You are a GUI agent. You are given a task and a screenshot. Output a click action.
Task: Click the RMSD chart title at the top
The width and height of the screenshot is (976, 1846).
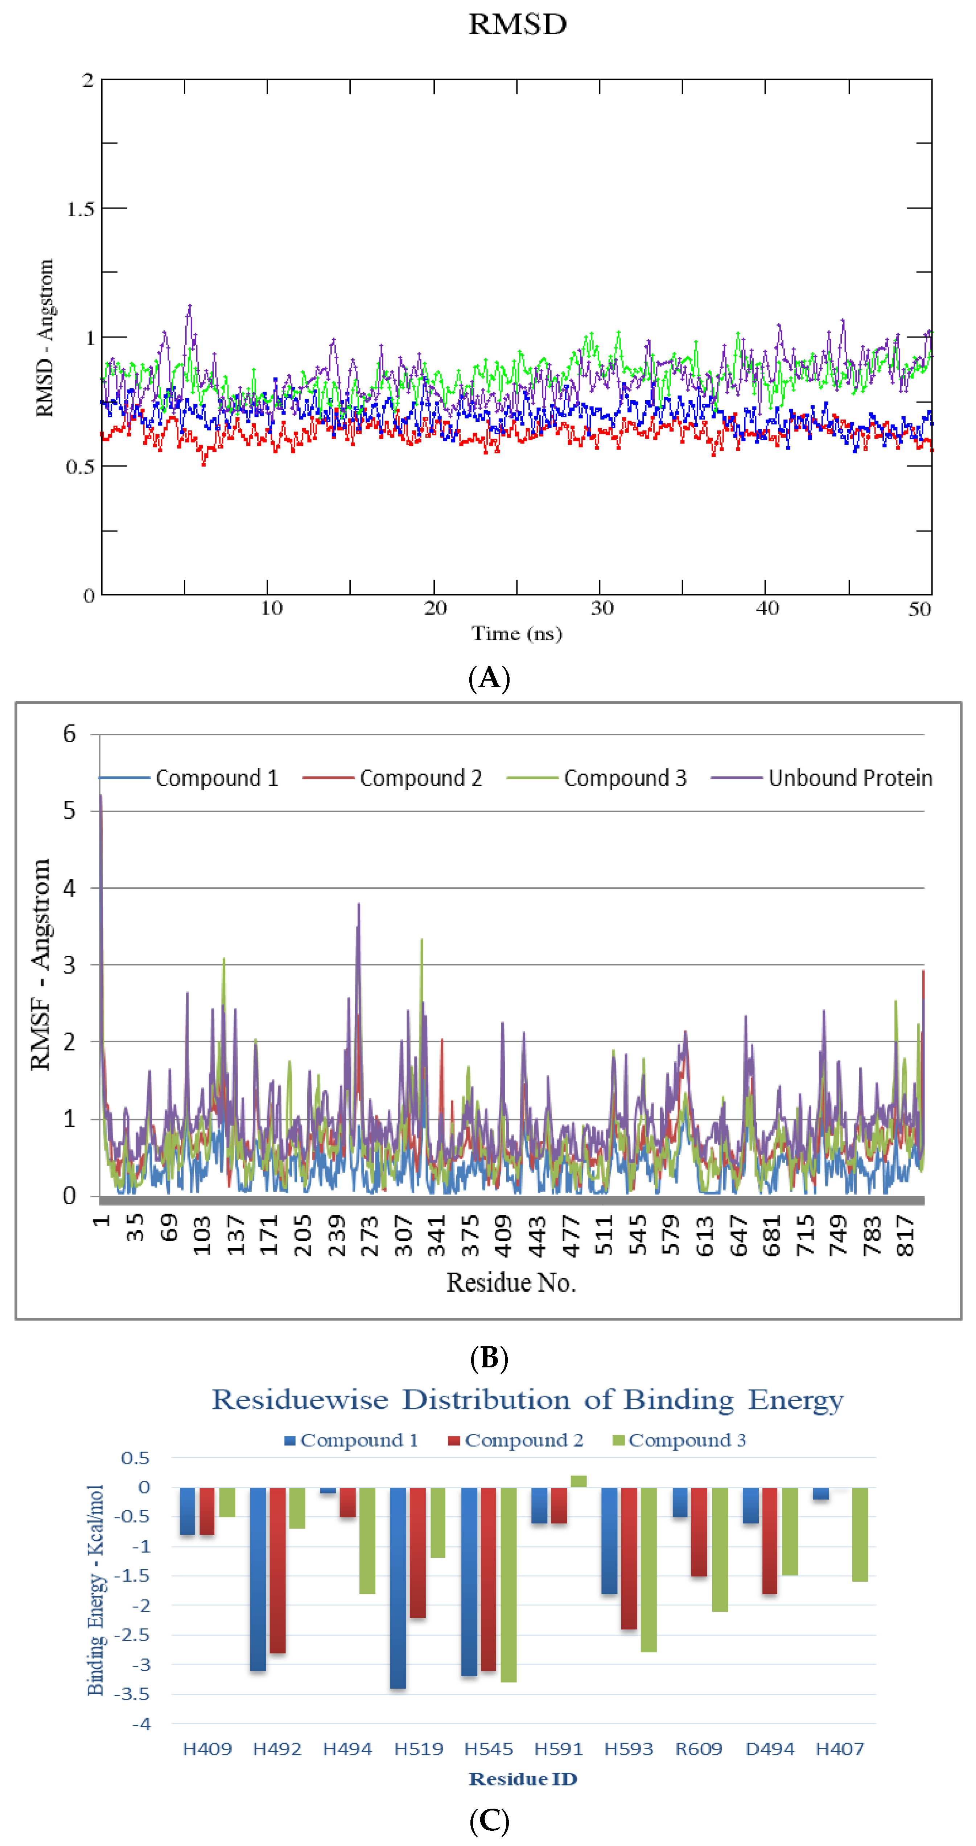coord(518,24)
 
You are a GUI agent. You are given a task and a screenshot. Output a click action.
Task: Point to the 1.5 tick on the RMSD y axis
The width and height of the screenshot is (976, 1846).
coord(80,208)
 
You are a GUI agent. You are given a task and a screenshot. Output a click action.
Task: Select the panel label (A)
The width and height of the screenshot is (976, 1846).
coord(489,677)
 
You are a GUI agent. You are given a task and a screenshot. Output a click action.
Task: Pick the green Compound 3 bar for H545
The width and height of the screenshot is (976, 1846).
coord(508,1584)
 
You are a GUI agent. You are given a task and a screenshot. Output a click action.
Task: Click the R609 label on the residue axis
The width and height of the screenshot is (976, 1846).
coord(699,1748)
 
